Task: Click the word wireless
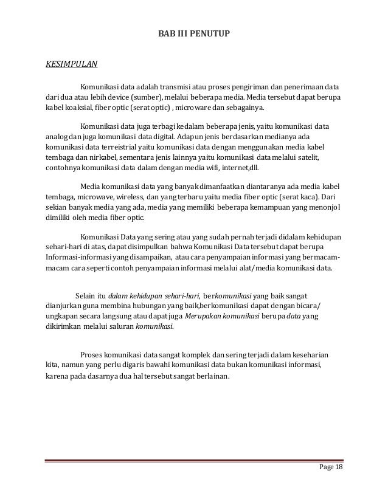[x=144, y=198]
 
